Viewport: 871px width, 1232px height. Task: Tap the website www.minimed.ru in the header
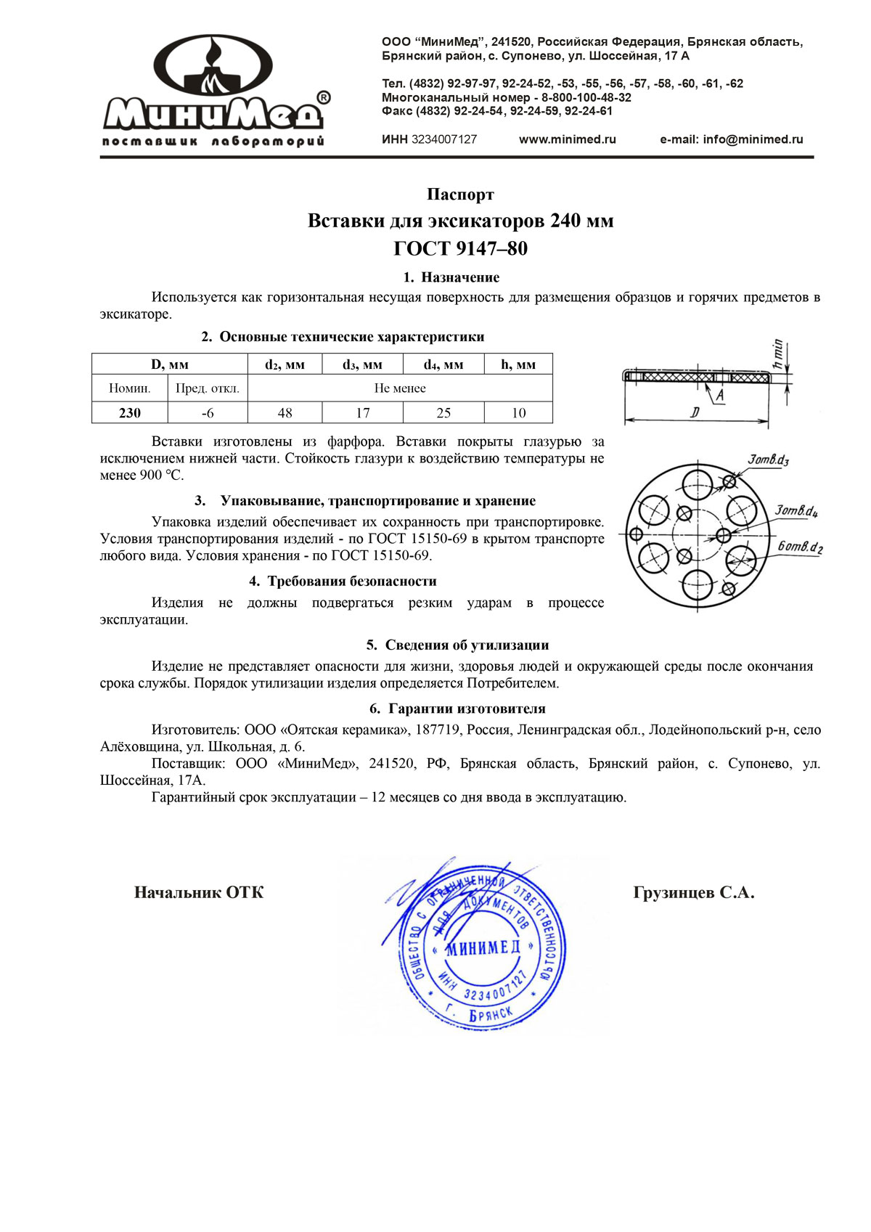coord(567,139)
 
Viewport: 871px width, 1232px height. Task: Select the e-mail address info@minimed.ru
coord(731,139)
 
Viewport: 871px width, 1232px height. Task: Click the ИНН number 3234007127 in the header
coord(443,139)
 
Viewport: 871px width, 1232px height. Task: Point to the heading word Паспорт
coord(460,195)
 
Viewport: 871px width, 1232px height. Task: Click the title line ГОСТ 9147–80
coord(460,249)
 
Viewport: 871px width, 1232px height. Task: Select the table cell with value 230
coord(130,413)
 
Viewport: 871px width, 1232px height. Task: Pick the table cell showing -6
coord(208,413)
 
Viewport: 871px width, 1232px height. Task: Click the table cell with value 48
coord(285,413)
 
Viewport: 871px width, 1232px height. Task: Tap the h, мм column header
coord(518,364)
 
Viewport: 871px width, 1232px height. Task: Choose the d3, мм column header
coord(362,364)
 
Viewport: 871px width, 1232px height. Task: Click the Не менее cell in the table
coord(400,388)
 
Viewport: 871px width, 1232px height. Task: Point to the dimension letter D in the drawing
coord(695,413)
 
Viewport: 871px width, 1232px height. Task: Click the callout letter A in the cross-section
coord(720,395)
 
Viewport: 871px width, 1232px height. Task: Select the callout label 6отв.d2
coord(800,547)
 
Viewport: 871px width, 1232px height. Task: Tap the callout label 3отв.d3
coord(768,460)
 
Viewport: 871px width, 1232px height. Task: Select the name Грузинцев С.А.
coord(693,893)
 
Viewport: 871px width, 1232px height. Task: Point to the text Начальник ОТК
coord(199,893)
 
